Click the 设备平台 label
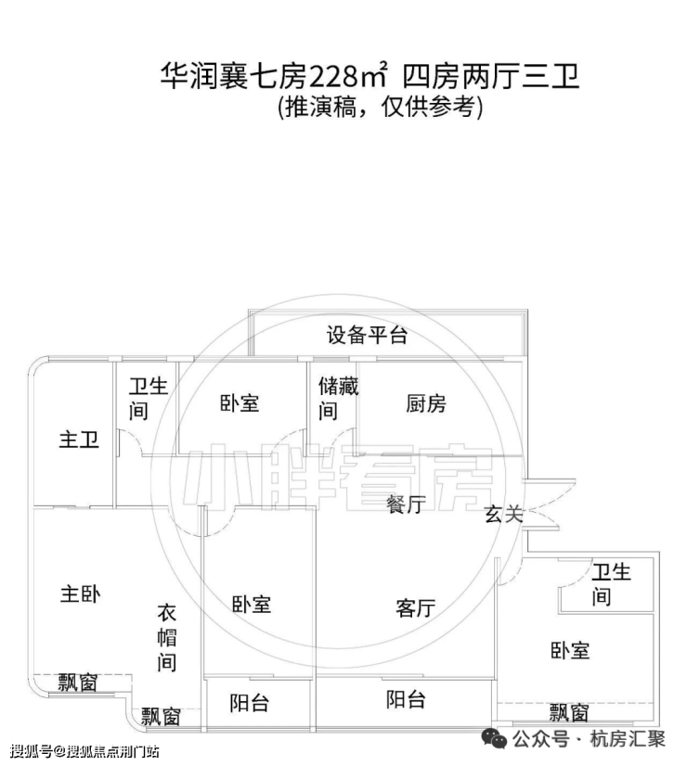367,336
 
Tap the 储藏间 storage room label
338,398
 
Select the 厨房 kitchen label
426,404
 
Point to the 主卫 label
79,440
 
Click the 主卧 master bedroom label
80,594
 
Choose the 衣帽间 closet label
167,637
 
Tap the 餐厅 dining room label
406,504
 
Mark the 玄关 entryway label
503,514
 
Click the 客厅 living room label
416,608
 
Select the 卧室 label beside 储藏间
240,403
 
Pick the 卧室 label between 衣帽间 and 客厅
252,605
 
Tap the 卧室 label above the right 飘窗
570,651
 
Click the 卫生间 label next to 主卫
149,398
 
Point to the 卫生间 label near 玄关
611,584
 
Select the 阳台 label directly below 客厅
406,699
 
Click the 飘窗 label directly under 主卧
78,683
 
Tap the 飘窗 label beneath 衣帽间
161,717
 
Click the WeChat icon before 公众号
494,738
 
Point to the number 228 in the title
332,77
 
